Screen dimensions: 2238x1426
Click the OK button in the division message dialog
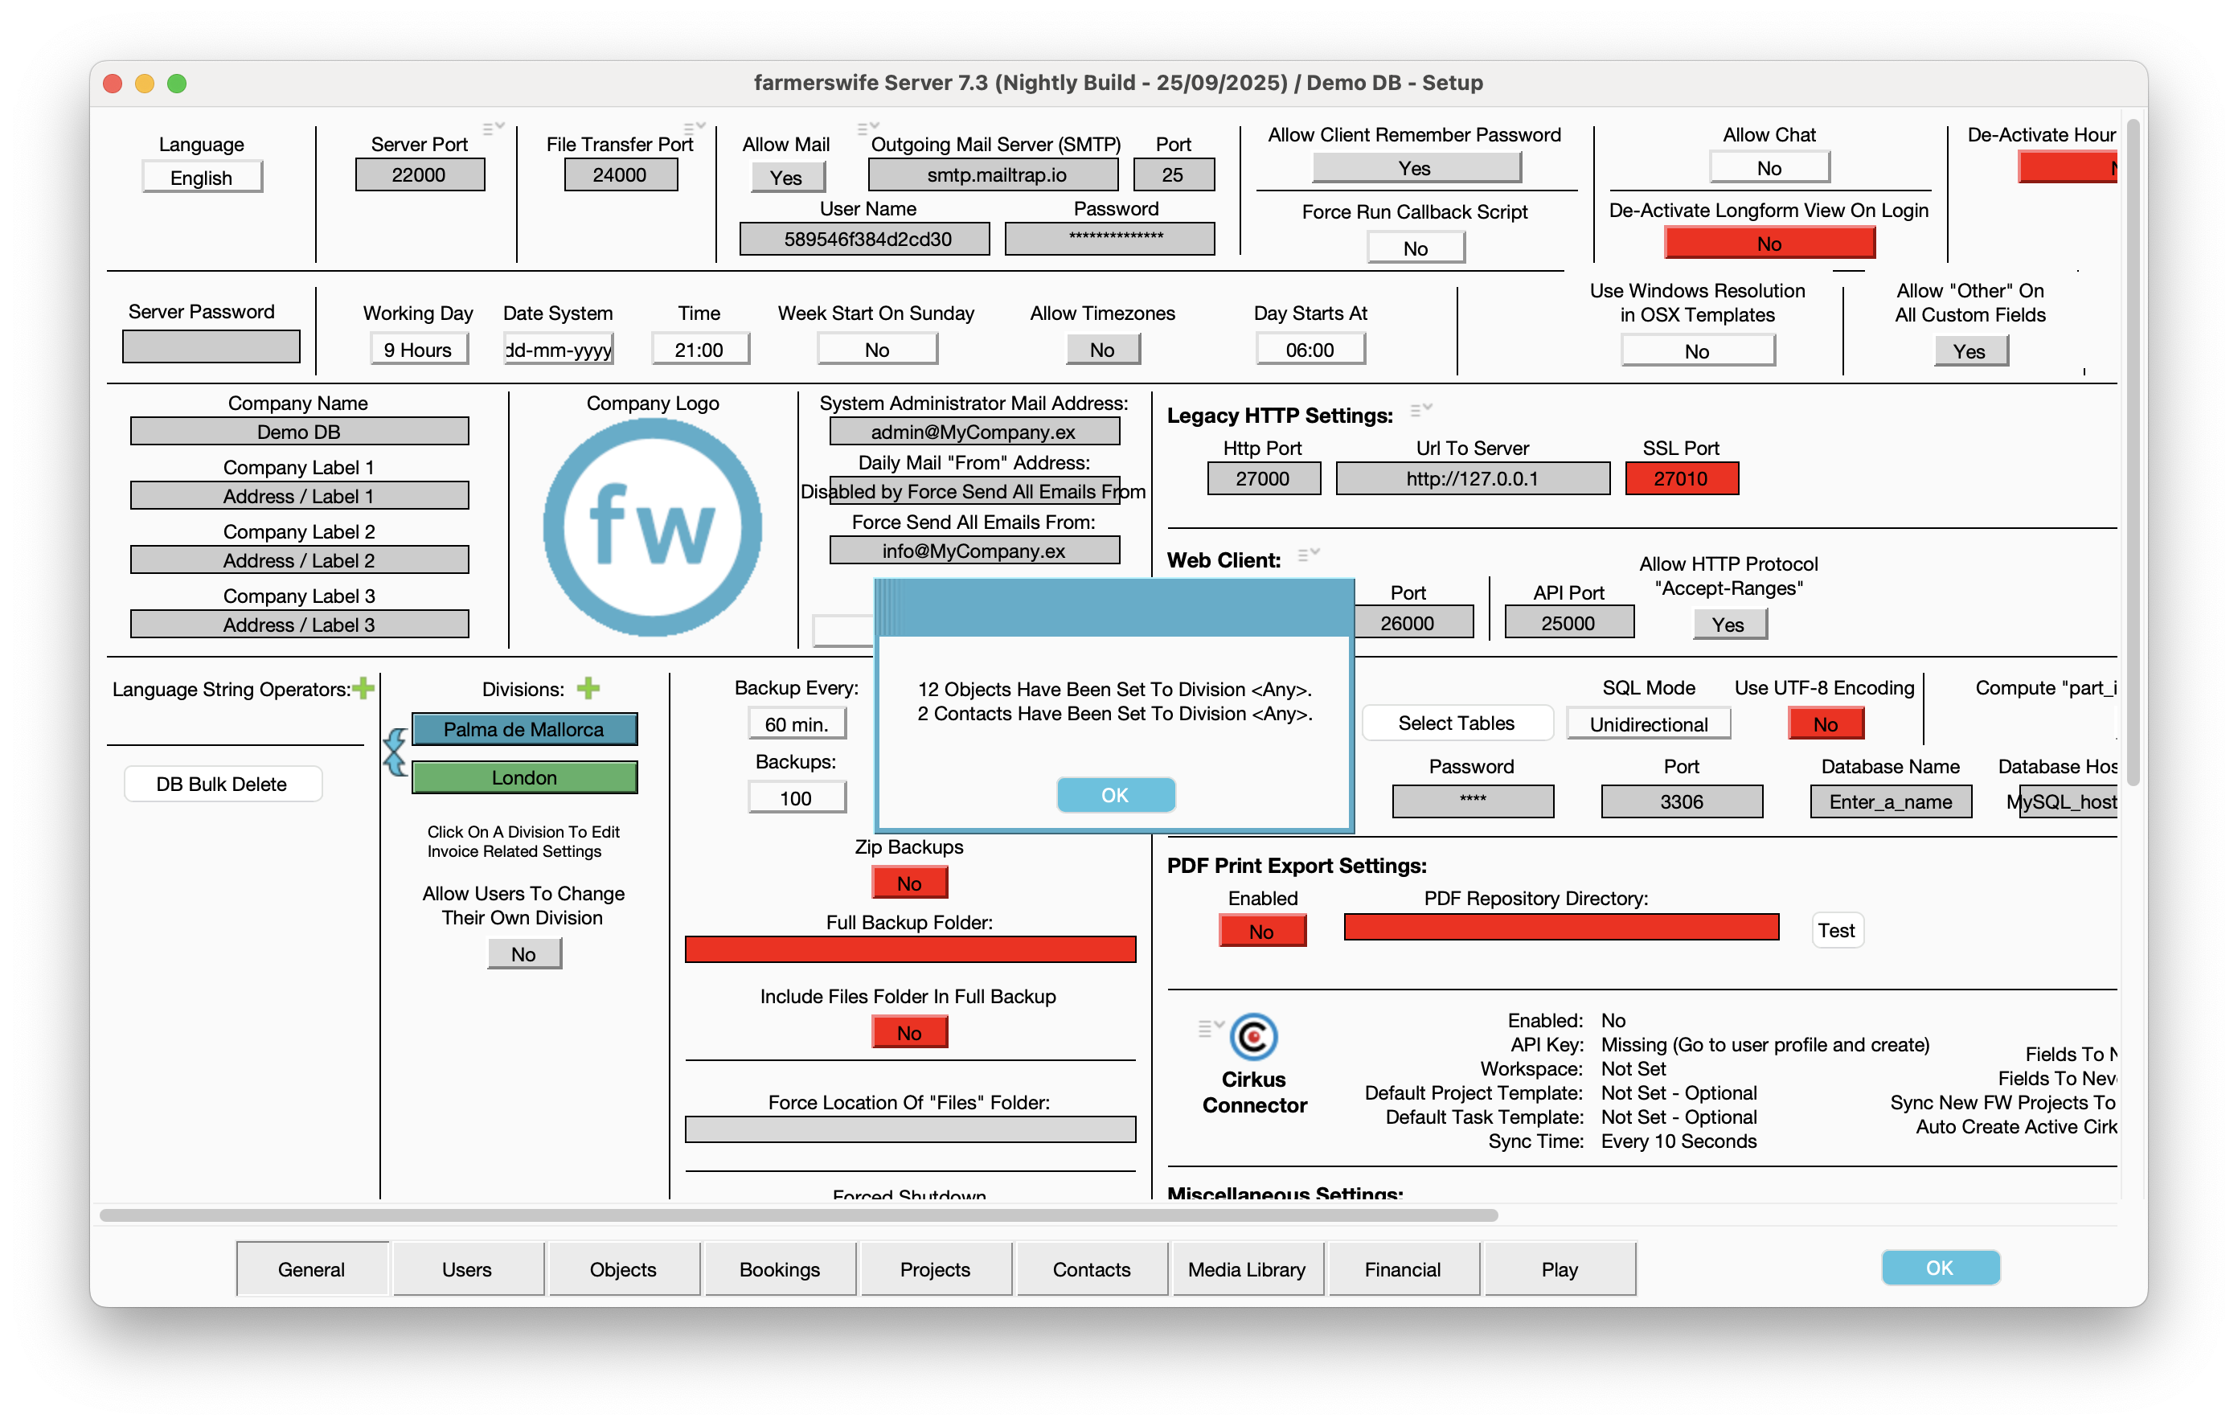pyautogui.click(x=1115, y=795)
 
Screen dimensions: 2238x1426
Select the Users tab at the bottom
pyautogui.click(x=466, y=1269)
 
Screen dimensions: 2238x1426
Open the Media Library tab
pyautogui.click(x=1246, y=1269)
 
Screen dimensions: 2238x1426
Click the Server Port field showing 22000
pyautogui.click(x=419, y=174)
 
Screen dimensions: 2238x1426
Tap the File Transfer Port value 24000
pyautogui.click(x=620, y=174)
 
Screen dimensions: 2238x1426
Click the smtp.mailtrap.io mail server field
pyautogui.click(x=994, y=174)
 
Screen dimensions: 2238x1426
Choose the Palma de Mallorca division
pyautogui.click(x=524, y=730)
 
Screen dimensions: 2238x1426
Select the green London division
pyautogui.click(x=524, y=778)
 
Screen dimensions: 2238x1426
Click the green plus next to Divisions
pyautogui.click(x=588, y=688)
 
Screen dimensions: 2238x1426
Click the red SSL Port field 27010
pyautogui.click(x=1680, y=479)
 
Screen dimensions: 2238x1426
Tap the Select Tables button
pyautogui.click(x=1457, y=723)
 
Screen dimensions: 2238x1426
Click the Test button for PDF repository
pyautogui.click(x=1837, y=931)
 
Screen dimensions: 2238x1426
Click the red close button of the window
pyautogui.click(x=113, y=84)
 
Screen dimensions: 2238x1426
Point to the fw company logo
pyautogui.click(x=653, y=527)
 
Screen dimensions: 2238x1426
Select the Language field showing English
pyautogui.click(x=202, y=178)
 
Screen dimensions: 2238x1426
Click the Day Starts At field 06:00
pyautogui.click(x=1310, y=350)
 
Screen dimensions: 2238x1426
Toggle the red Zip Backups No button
pyautogui.click(x=909, y=883)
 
